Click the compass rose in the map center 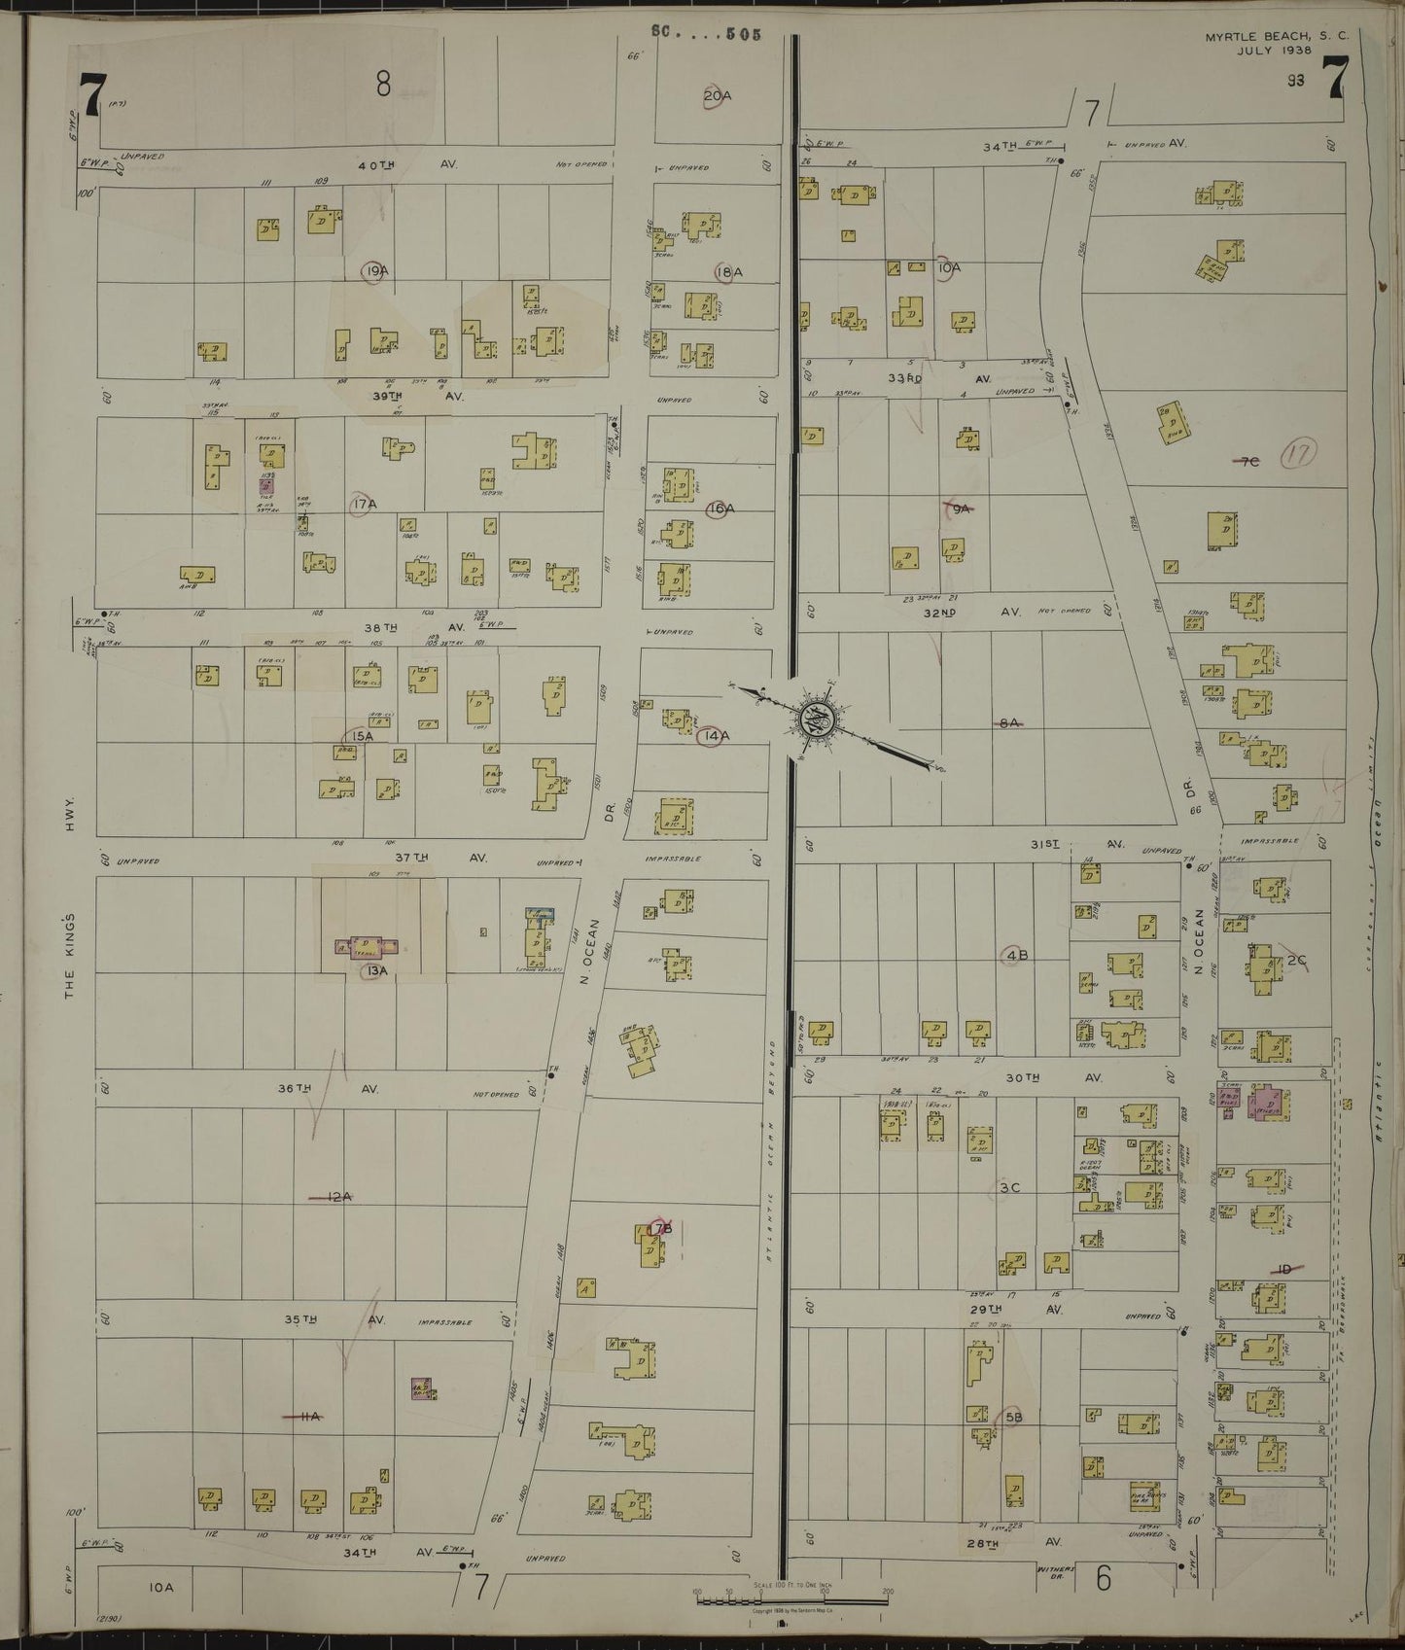click(812, 720)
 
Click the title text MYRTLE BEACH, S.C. click(1258, 37)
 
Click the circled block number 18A click(728, 272)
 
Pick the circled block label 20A click(718, 95)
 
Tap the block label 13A click(376, 970)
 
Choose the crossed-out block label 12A click(337, 1197)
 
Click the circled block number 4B click(1017, 955)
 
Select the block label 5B click(1014, 1418)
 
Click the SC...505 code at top click(705, 32)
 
